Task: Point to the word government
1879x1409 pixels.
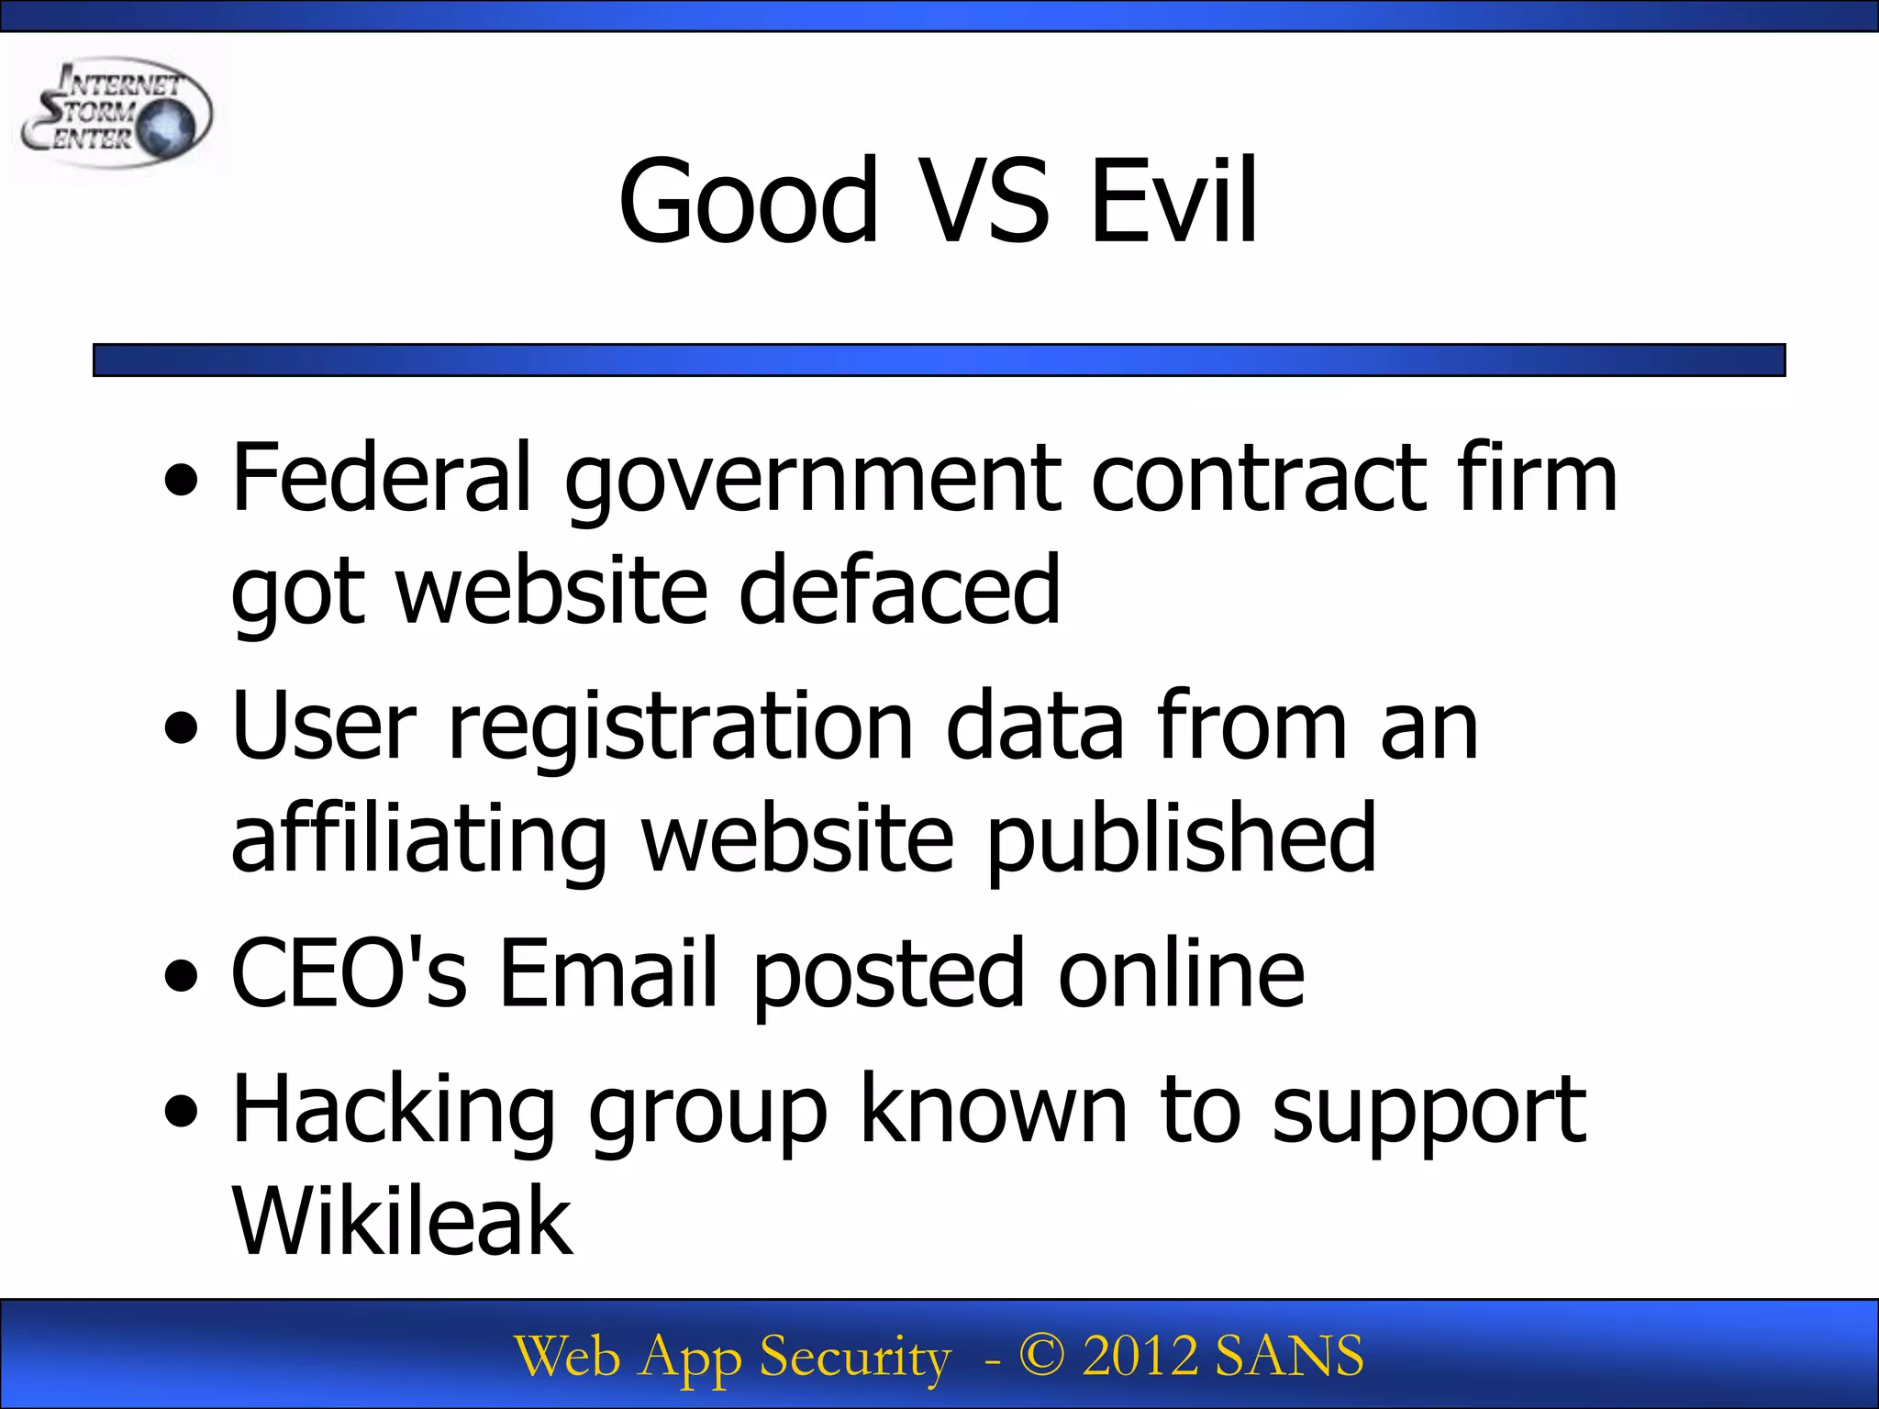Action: click(812, 481)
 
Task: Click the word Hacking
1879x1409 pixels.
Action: click(395, 1112)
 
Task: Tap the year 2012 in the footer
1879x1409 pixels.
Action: click(1140, 1356)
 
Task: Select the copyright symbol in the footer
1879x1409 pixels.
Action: click(1042, 1356)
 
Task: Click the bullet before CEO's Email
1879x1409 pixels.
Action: click(182, 976)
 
